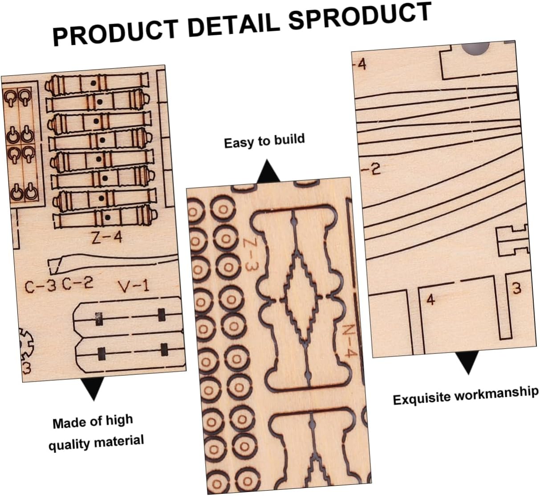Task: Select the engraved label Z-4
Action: click(x=106, y=238)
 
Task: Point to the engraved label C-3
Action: click(x=40, y=287)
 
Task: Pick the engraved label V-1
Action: click(x=134, y=286)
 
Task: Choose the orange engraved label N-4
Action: click(x=349, y=341)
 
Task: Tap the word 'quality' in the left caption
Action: click(x=70, y=444)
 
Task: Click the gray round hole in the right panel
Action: click(x=475, y=48)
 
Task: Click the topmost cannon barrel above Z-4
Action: click(x=97, y=84)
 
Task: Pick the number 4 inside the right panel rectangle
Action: click(x=430, y=299)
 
